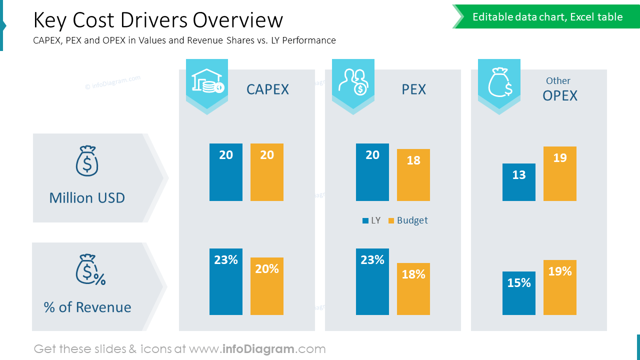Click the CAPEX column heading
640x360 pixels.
tap(267, 89)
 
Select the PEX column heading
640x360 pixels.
tap(413, 89)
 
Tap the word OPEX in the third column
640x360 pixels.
tap(559, 95)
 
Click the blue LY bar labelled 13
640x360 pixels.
tap(518, 182)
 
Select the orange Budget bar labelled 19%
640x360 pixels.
tap(559, 287)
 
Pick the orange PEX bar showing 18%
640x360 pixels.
tap(413, 289)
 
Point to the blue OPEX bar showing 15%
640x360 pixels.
tap(518, 293)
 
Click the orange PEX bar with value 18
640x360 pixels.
tap(413, 175)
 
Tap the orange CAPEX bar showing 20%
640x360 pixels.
tap(266, 286)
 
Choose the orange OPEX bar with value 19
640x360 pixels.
tap(559, 173)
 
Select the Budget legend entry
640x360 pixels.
tap(408, 220)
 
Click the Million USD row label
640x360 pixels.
tap(87, 198)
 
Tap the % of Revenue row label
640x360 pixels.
tap(87, 307)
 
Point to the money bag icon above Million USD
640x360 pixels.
tap(87, 161)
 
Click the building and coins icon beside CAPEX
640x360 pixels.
tap(207, 81)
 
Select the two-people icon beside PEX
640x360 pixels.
tap(353, 81)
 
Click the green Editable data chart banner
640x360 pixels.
tap(547, 17)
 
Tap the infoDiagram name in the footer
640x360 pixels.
tap(258, 349)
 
